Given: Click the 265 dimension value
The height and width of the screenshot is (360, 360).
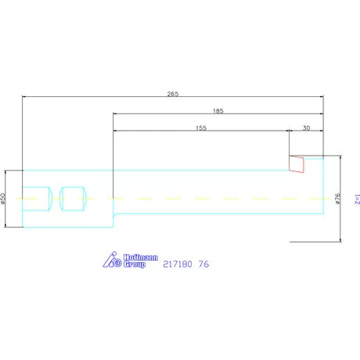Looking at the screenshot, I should point(173,94).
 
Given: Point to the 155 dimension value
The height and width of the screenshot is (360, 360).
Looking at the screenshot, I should point(202,128).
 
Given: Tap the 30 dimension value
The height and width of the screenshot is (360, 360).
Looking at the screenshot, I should point(306,128).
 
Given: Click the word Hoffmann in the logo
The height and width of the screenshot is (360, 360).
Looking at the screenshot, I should point(133,256).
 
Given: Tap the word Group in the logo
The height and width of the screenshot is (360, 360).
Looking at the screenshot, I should point(135,264).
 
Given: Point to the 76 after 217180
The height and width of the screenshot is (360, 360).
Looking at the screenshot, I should point(204,265).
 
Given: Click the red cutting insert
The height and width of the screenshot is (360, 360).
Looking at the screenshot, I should point(297,163).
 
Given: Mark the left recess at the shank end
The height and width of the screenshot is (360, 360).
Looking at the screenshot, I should point(36,198).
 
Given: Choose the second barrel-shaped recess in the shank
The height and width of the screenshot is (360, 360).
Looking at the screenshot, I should point(74,198).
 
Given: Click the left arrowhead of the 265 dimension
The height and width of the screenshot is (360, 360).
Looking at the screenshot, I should point(25,98).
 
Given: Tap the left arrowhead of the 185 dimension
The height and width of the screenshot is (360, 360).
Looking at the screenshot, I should point(117,115).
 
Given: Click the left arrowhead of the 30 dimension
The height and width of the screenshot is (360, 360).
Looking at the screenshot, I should point(292,131).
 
